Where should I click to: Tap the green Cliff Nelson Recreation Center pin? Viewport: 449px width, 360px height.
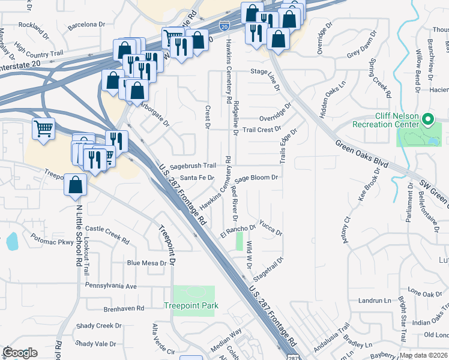tap(427, 120)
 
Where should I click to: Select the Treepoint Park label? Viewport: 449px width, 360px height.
tap(191, 305)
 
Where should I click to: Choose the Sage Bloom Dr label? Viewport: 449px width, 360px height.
tap(256, 178)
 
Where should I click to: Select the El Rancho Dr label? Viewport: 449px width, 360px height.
tap(238, 229)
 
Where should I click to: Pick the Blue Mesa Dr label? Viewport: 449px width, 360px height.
tap(146, 263)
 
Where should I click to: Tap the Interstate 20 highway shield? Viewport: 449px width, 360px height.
tap(223, 27)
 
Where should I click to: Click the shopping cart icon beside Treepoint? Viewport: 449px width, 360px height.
tap(43, 129)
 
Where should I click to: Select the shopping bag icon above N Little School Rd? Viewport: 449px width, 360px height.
tap(75, 184)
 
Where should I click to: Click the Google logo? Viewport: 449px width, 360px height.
tap(20, 353)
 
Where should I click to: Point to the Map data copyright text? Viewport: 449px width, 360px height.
tap(424, 355)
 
